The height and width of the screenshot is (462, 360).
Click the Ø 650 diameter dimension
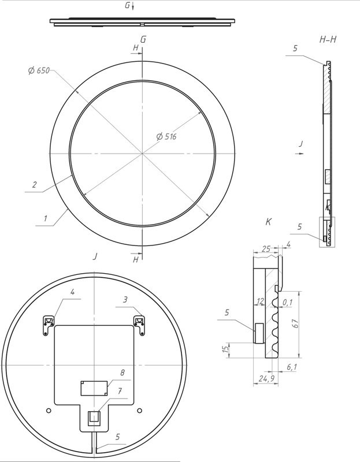click(39, 70)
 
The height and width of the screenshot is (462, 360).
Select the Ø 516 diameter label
click(166, 136)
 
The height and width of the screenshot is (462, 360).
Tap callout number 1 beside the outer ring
click(46, 219)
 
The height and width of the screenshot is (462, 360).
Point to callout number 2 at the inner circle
click(35, 185)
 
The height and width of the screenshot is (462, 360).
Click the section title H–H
click(328, 39)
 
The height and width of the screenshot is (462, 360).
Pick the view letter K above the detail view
click(268, 222)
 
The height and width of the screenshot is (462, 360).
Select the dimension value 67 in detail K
click(296, 323)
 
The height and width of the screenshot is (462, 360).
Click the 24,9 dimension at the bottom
click(267, 378)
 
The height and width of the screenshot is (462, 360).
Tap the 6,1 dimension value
click(292, 367)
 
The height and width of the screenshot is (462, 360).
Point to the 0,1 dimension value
click(287, 302)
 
